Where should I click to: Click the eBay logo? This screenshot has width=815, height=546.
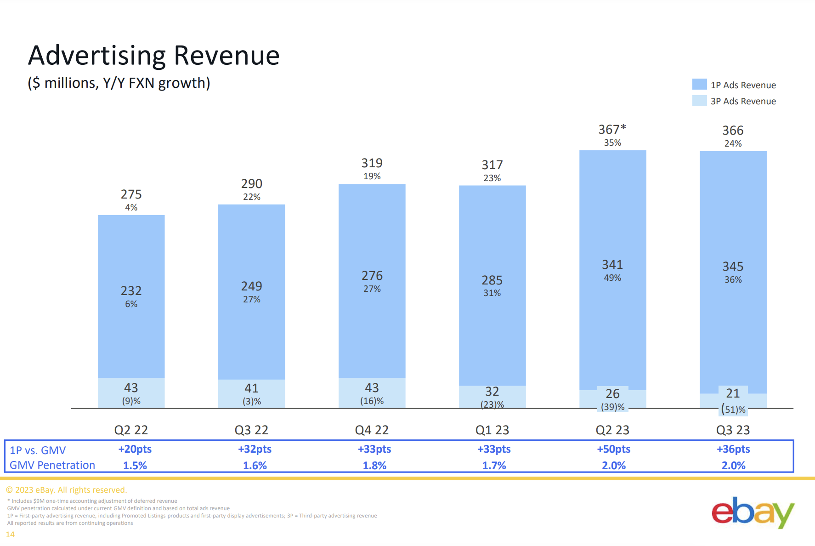[753, 512]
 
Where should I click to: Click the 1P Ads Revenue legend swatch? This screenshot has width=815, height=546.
[699, 85]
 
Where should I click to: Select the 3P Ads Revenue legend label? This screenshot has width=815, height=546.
[743, 101]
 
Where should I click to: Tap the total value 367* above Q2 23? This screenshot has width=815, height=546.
[612, 130]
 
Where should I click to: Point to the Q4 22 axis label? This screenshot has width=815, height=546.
[372, 430]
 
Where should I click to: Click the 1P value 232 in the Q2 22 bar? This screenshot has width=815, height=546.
[131, 291]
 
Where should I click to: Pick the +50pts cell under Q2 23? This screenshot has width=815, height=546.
[613, 449]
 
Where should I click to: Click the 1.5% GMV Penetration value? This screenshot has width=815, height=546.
[135, 466]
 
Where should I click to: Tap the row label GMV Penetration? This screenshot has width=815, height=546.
[52, 465]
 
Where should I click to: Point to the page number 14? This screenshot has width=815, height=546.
[10, 535]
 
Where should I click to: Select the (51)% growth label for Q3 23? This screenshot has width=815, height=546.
[733, 409]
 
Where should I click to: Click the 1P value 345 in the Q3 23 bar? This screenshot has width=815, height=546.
[733, 267]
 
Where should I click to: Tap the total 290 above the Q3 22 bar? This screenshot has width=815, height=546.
[251, 184]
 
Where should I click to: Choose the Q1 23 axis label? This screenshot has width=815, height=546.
[492, 430]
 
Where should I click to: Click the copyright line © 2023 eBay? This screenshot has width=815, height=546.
[66, 490]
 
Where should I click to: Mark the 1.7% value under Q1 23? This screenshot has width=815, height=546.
[494, 466]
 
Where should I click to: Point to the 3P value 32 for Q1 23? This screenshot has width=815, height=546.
[492, 392]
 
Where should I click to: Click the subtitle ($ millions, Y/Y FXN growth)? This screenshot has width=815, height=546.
[119, 83]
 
